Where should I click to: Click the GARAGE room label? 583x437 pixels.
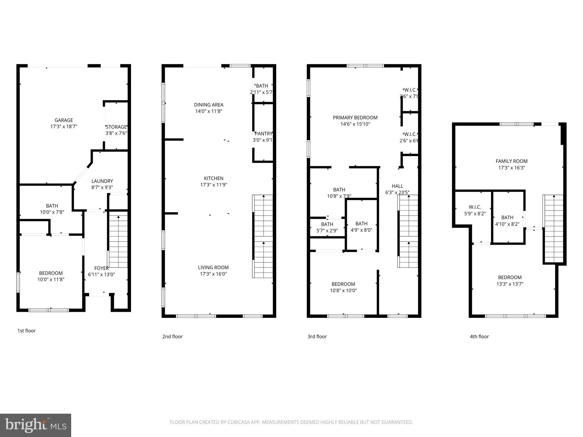64,120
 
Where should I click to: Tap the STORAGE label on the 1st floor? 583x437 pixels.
116,127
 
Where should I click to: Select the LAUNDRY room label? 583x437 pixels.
102,181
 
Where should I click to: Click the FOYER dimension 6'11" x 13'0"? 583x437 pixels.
102,275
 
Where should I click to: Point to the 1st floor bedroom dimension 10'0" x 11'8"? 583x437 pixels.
51,279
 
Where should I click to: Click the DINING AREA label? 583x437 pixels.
209,105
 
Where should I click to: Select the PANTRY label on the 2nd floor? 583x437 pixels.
263,134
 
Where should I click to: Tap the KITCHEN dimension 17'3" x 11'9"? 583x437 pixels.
214,185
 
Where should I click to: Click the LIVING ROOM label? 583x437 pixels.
213,267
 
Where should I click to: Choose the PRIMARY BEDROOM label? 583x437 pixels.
355,118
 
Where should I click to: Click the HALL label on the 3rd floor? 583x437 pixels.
397,186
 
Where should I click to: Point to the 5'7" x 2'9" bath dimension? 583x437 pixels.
327,231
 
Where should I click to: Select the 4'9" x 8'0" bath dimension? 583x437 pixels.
361,230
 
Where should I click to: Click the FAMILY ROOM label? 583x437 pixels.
512,161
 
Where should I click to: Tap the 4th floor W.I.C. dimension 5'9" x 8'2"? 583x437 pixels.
475,213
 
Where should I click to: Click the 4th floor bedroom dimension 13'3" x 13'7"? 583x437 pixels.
510,284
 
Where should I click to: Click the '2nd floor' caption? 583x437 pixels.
172,337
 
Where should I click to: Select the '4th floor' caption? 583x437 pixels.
479,337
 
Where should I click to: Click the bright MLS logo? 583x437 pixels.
36,425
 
